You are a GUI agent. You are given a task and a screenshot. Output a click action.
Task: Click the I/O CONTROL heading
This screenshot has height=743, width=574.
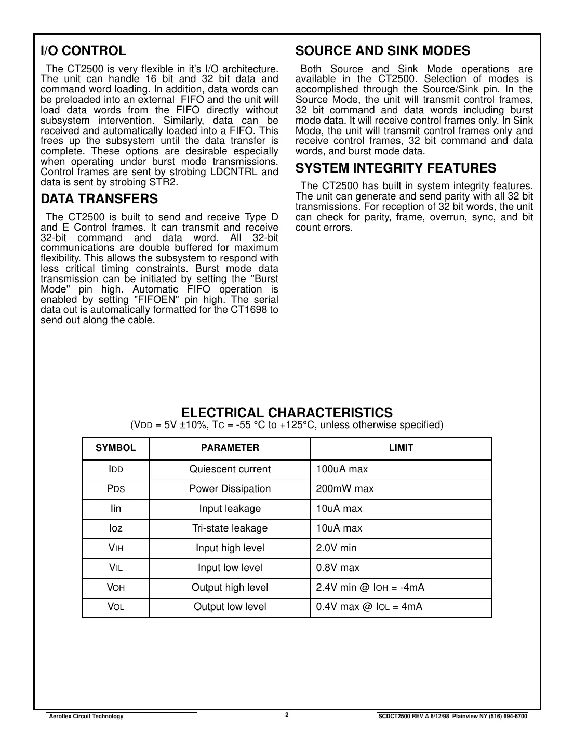(83, 51)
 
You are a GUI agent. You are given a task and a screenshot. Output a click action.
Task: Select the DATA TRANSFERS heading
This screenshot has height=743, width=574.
(99, 199)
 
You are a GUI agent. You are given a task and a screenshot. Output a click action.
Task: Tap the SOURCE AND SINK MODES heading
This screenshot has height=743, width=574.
(382, 51)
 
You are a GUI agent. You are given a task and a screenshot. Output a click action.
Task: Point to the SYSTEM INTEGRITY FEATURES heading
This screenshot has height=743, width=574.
(395, 168)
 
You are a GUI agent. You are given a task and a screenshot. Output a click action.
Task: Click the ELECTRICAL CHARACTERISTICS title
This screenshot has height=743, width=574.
(287, 413)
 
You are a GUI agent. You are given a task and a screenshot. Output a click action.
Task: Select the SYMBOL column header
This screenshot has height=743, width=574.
(115, 448)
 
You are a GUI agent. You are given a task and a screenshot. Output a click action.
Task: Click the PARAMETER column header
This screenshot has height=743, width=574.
(230, 448)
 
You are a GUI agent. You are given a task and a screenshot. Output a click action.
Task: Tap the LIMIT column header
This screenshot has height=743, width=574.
(401, 448)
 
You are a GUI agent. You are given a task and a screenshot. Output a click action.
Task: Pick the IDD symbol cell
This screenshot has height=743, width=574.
(115, 469)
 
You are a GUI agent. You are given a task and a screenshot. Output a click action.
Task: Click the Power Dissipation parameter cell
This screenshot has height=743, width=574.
(230, 489)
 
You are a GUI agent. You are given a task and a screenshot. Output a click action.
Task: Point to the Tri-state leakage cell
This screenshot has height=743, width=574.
(230, 528)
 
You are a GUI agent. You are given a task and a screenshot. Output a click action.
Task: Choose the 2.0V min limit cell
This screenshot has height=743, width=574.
(336, 548)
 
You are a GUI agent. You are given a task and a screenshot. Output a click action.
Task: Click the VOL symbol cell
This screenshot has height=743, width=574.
(115, 607)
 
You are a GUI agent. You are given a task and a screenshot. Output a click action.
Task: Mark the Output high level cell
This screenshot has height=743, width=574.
(230, 588)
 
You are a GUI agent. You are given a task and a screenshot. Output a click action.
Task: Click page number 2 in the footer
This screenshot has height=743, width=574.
(287, 714)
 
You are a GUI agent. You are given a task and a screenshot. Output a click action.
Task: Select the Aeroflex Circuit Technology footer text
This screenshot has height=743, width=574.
(86, 717)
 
